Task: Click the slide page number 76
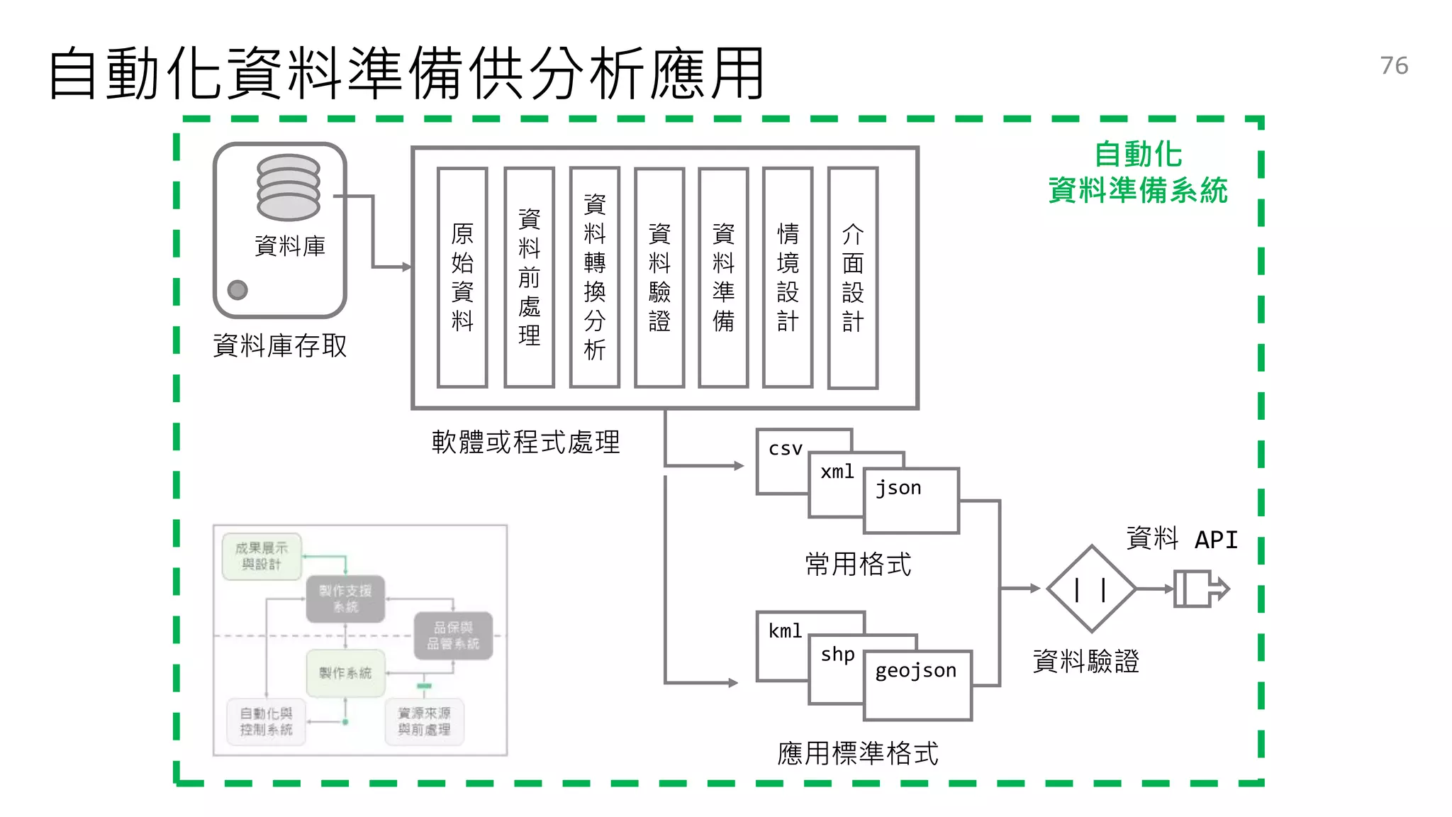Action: coord(1393,66)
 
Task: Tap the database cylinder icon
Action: coord(288,188)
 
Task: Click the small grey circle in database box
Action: coord(238,289)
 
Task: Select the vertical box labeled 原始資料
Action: coord(462,277)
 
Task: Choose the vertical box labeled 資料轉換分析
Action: coord(594,277)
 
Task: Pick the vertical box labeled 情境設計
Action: coord(787,277)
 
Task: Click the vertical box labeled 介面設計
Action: coord(852,277)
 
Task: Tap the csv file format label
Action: coord(785,449)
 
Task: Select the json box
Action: coord(911,501)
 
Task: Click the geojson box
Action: coord(917,685)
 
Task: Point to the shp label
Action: coord(837,655)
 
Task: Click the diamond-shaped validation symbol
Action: coord(1091,589)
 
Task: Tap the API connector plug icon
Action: coord(1200,589)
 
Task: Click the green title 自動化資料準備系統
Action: coord(1137,172)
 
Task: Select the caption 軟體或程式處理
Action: coord(525,443)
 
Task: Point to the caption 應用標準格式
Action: coord(857,753)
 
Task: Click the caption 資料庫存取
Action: coord(280,346)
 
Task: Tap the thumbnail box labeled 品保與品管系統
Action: coord(453,635)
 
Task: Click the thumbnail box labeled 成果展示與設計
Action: coord(262,557)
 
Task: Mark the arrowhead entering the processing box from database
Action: coord(406,267)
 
